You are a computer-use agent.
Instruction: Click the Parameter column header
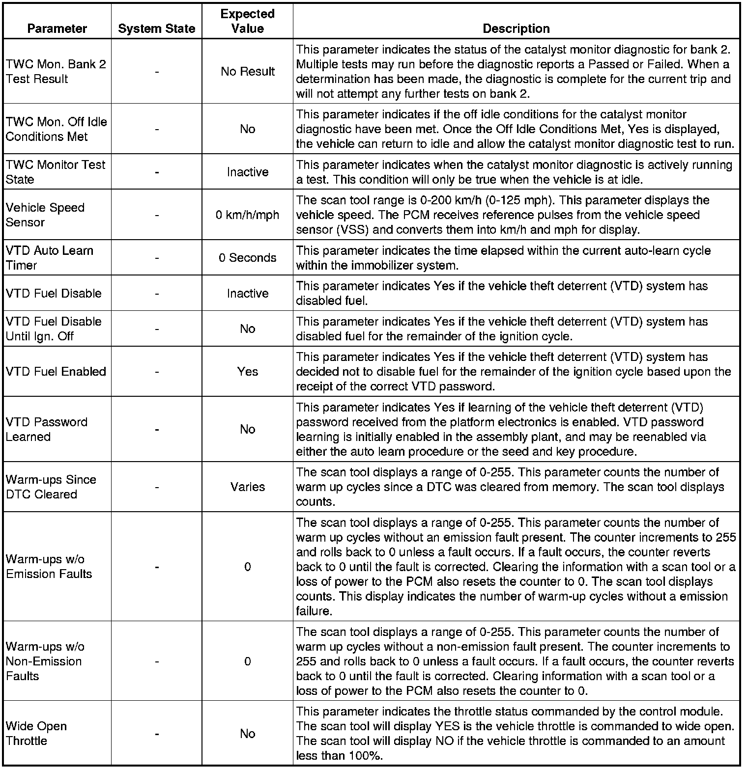click(x=57, y=28)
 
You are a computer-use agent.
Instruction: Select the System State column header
click(x=156, y=29)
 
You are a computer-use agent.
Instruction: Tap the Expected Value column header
click(x=247, y=21)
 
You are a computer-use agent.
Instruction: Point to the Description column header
click(x=516, y=28)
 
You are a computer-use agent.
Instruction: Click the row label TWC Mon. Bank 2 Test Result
click(x=56, y=72)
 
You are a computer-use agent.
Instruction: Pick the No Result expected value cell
click(x=247, y=72)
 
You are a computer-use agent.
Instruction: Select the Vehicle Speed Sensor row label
click(x=45, y=215)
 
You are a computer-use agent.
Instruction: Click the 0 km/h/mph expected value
click(x=247, y=215)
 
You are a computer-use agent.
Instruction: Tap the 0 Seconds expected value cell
click(x=247, y=258)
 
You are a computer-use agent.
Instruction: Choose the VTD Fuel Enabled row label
click(x=56, y=372)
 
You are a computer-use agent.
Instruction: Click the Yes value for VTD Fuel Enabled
click(x=247, y=372)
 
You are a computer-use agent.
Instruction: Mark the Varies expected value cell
click(x=247, y=487)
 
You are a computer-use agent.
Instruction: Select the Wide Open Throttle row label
click(x=36, y=734)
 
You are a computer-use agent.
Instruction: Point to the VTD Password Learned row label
click(x=47, y=430)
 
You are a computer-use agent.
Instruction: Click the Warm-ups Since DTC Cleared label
click(x=51, y=487)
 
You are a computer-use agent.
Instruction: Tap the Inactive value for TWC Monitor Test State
click(x=247, y=172)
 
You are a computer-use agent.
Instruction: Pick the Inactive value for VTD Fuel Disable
click(x=247, y=294)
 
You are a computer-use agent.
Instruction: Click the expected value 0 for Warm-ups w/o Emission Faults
click(x=247, y=567)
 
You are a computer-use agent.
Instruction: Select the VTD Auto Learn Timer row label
click(x=50, y=258)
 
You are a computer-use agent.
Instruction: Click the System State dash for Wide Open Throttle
click(x=156, y=734)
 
